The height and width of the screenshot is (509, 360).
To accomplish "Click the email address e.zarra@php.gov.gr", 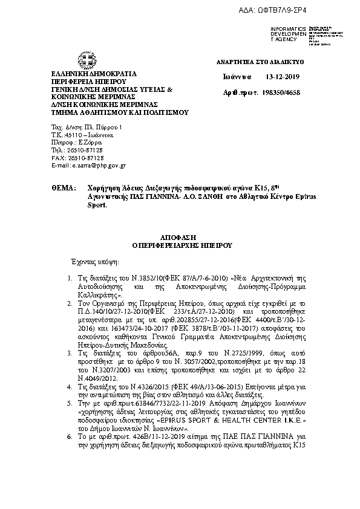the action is click(88, 165).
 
